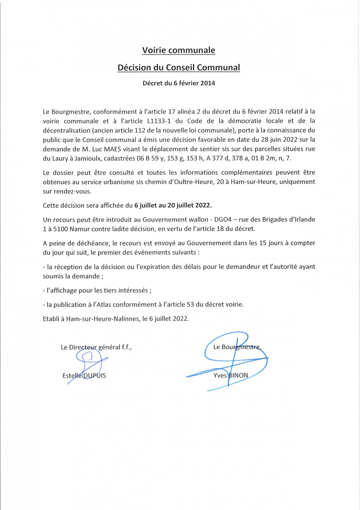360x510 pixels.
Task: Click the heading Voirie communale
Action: [x=179, y=50]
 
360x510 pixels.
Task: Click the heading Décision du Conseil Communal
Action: [x=179, y=68]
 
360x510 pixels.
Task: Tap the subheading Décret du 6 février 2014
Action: [x=179, y=83]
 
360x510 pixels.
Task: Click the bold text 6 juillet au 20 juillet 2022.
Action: [x=173, y=205]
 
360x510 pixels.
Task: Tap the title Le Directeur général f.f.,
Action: [x=96, y=347]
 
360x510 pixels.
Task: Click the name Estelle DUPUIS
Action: [x=84, y=375]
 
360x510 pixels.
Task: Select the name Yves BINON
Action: [x=231, y=375]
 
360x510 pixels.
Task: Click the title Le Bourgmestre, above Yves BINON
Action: [x=237, y=347]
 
